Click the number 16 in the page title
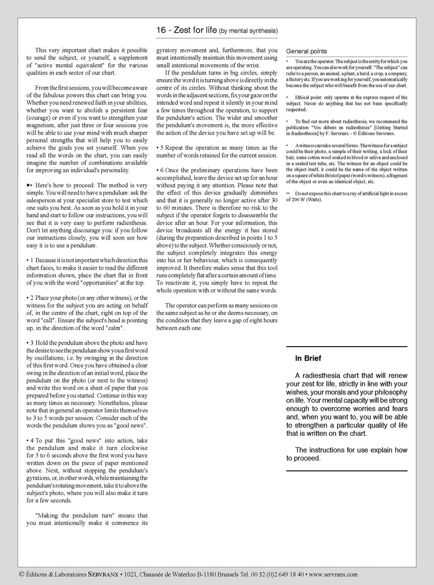click(161, 30)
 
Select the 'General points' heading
click(306, 51)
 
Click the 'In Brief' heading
click(308, 358)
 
